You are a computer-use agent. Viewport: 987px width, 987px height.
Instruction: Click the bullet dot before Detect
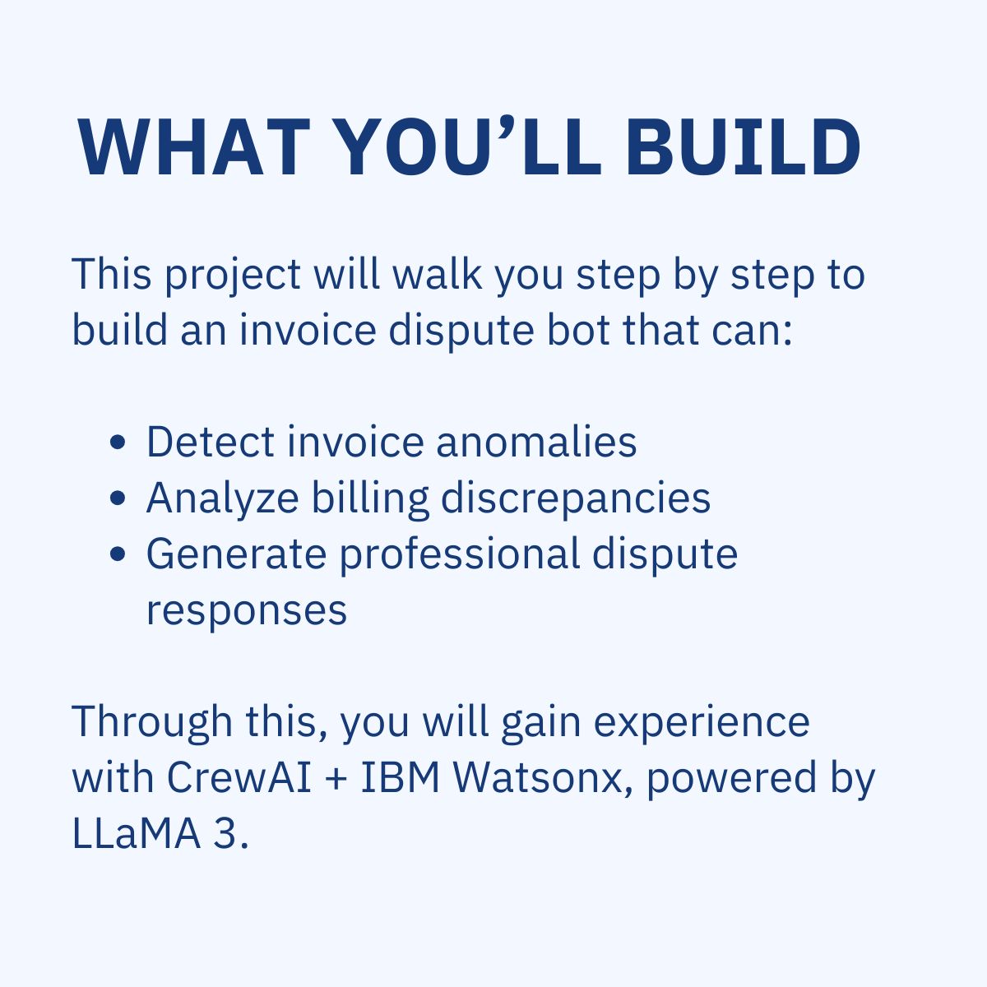click(x=118, y=443)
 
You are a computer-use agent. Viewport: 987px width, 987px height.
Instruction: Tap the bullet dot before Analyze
click(x=118, y=498)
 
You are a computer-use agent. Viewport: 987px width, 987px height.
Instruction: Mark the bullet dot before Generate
click(x=118, y=554)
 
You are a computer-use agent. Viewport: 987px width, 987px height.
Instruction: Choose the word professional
click(x=460, y=554)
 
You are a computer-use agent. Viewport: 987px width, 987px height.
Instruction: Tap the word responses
click(x=247, y=610)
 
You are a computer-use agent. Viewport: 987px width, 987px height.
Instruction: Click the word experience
click(x=702, y=722)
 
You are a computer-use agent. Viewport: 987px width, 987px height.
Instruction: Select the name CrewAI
click(x=239, y=777)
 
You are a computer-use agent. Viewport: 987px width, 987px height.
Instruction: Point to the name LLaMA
click(x=136, y=833)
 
